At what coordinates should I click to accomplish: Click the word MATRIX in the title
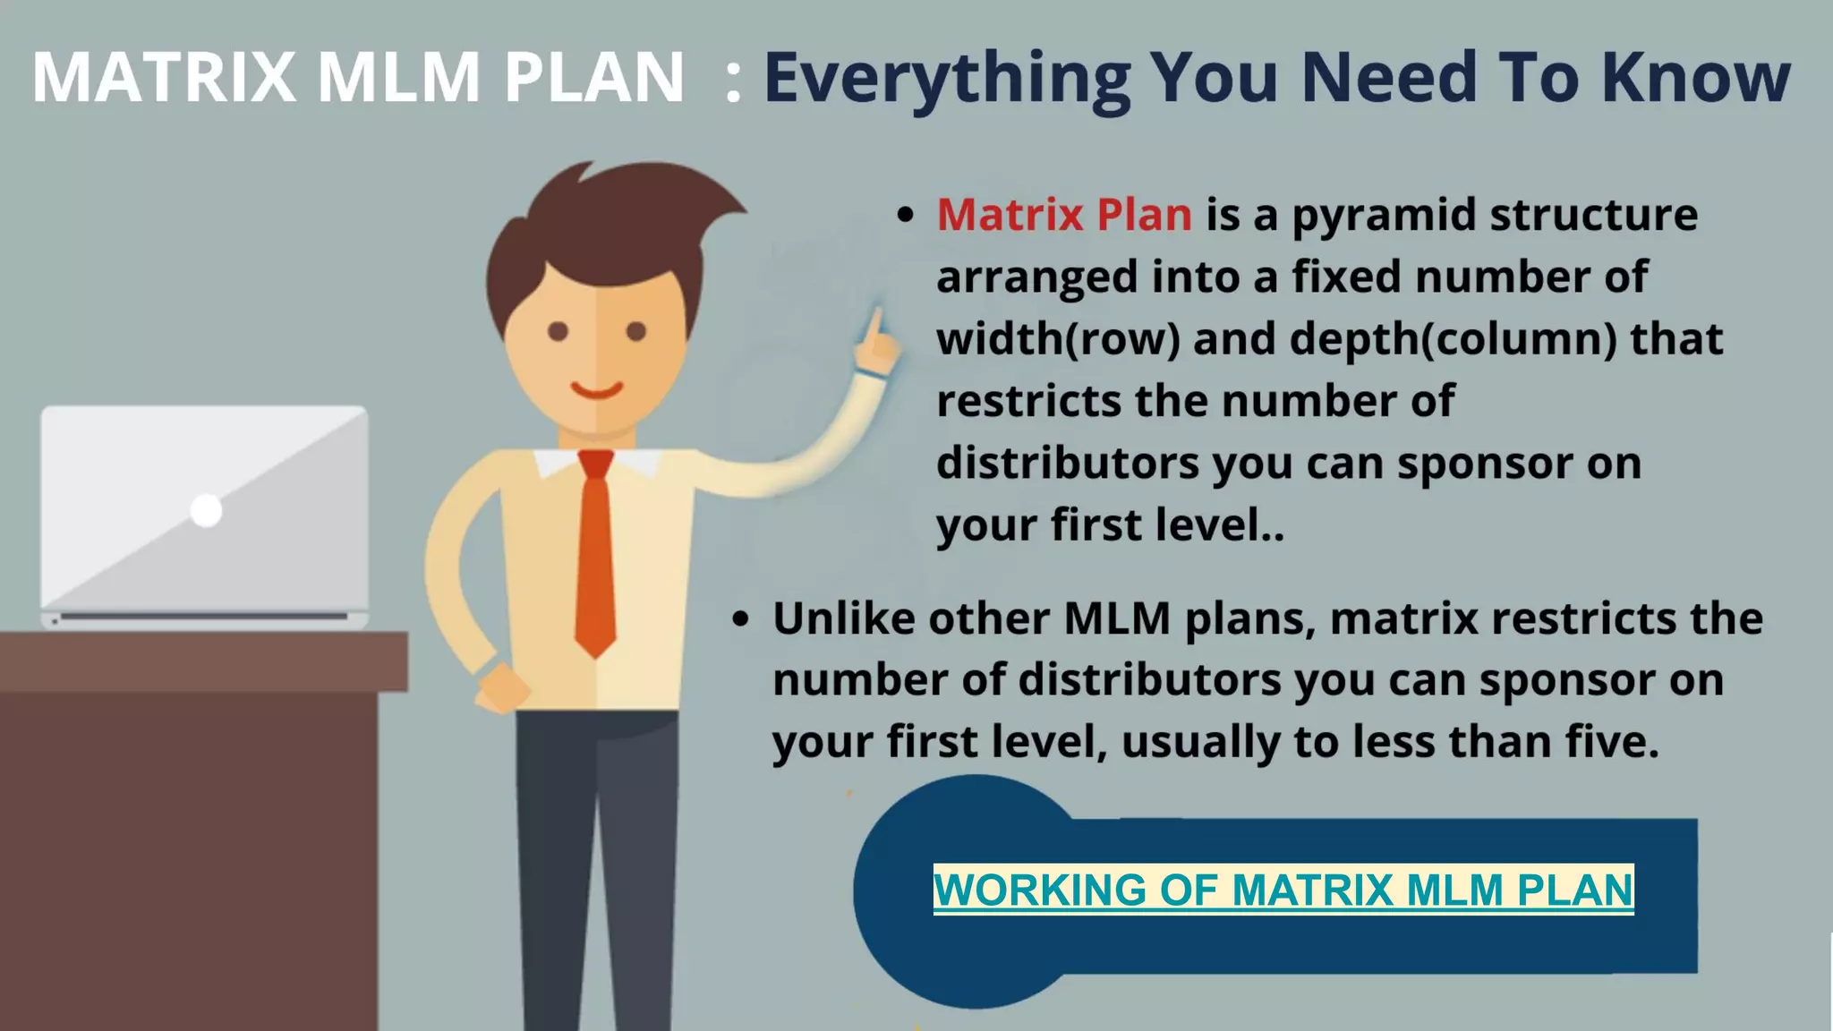(x=164, y=78)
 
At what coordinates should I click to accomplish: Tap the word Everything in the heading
(x=947, y=79)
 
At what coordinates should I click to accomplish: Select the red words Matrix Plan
(x=1064, y=215)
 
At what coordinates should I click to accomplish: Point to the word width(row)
(x=1058, y=339)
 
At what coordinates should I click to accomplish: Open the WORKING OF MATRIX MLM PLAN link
(x=1283, y=890)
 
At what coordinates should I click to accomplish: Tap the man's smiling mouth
(x=597, y=390)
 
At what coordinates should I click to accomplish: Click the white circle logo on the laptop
(x=206, y=510)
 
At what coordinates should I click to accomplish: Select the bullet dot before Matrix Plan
(x=906, y=216)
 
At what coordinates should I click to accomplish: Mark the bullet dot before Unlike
(x=740, y=619)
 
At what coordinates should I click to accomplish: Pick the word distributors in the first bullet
(x=1068, y=464)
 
